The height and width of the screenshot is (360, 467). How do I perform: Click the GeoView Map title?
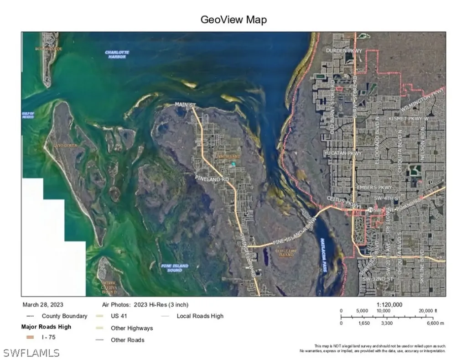tap(233, 20)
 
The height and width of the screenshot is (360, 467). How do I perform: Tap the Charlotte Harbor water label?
tap(117, 54)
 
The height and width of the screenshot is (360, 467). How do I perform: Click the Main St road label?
tap(185, 105)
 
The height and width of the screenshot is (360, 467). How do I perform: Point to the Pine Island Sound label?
tap(175, 268)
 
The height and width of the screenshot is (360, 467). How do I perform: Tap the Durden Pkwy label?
tap(343, 51)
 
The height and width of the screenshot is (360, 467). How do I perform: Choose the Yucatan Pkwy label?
tap(342, 153)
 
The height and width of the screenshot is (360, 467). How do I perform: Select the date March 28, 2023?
tap(42, 305)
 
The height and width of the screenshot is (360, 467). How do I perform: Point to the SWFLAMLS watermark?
tap(31, 353)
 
